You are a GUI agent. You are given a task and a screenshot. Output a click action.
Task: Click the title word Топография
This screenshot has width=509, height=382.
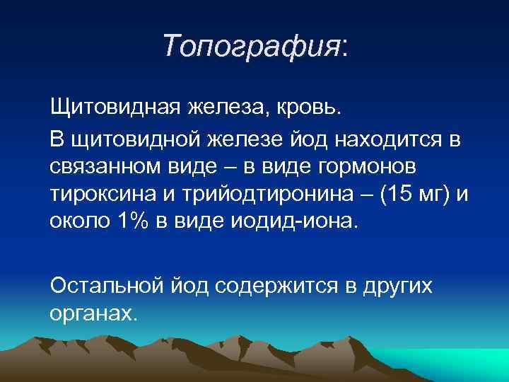tap(251, 47)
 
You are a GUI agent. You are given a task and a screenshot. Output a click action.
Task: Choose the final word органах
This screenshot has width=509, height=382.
tap(92, 312)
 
